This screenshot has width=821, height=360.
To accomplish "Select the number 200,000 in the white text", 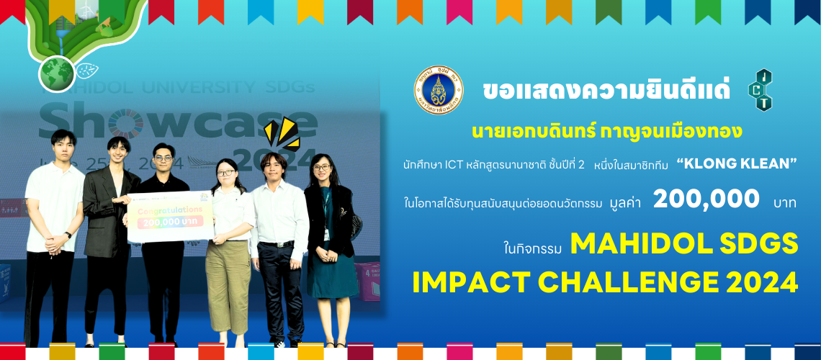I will [x=706, y=199].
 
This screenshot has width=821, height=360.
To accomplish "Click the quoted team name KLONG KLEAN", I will [x=737, y=165].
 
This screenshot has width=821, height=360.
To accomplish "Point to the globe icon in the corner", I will [x=56, y=73].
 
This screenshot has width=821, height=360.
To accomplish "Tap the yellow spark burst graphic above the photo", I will [x=281, y=132].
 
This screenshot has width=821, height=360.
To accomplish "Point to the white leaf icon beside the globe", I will [x=87, y=71].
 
